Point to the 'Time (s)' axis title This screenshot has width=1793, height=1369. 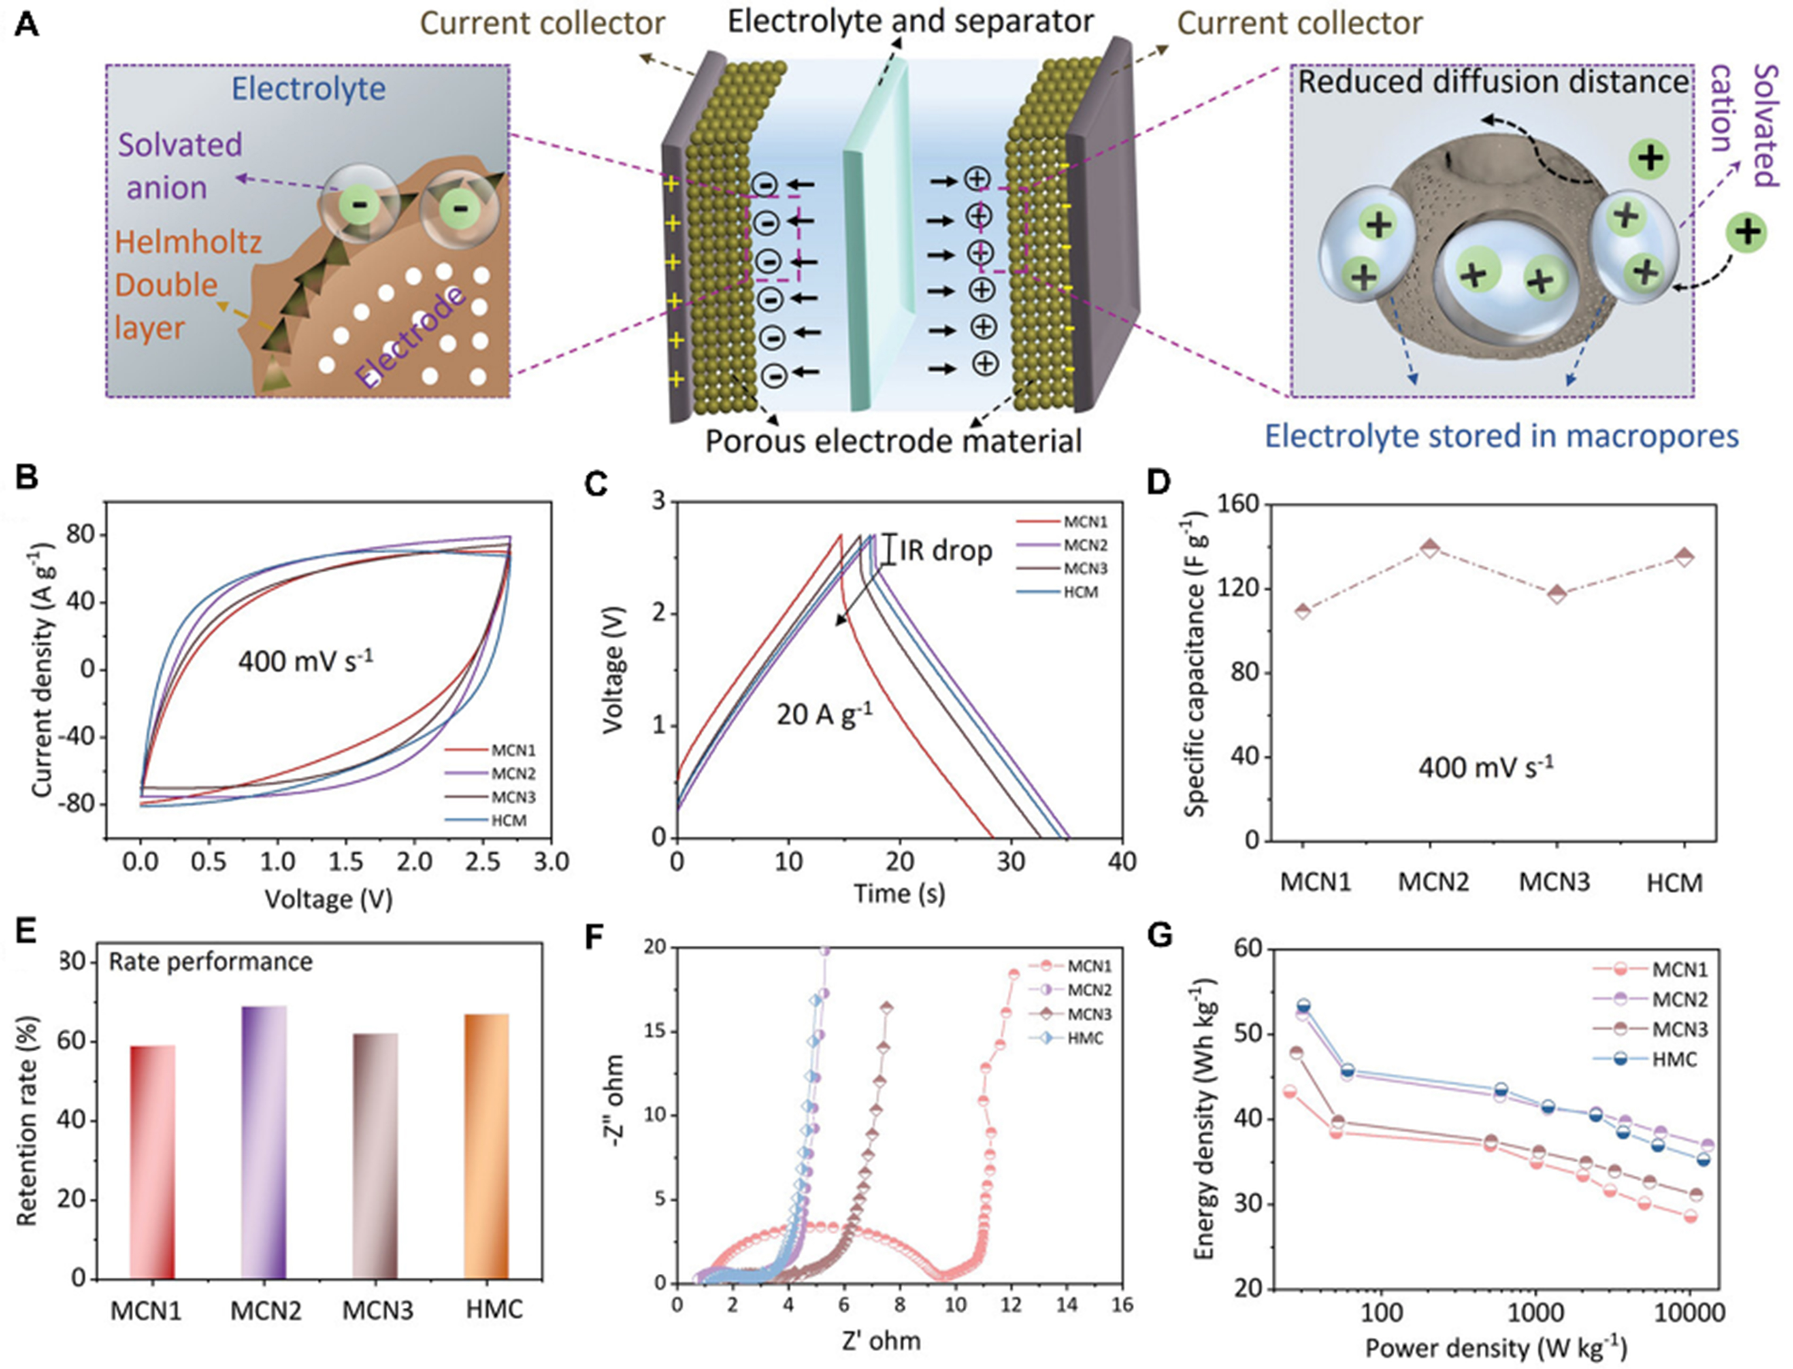pyautogui.click(x=899, y=894)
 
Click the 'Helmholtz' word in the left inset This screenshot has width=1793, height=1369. pyautogui.click(x=188, y=242)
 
